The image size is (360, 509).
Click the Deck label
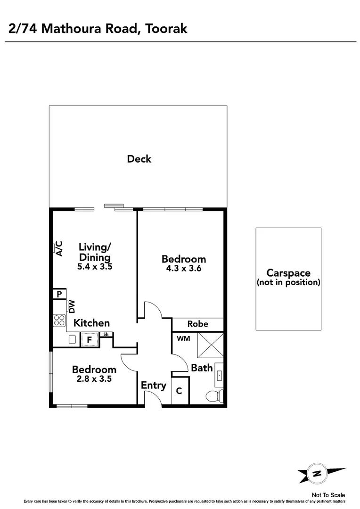point(139,159)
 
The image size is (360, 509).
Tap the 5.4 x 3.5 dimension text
point(95,266)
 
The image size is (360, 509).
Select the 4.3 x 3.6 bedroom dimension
point(183,268)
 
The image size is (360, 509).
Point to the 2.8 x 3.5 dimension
point(94,378)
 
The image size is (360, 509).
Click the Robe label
point(197,324)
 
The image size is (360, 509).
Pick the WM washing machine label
point(183,339)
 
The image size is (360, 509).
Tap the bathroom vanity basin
point(220,375)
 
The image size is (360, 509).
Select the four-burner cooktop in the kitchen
point(59,320)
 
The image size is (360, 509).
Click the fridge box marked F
point(89,339)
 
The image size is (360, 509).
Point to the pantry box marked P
point(59,294)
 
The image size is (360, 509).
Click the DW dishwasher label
point(72,307)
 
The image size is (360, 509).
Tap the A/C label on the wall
point(59,248)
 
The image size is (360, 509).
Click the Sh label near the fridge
point(106,335)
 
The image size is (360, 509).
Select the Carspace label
point(288,273)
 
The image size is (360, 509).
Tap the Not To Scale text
point(328,495)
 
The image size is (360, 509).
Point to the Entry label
point(154,386)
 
